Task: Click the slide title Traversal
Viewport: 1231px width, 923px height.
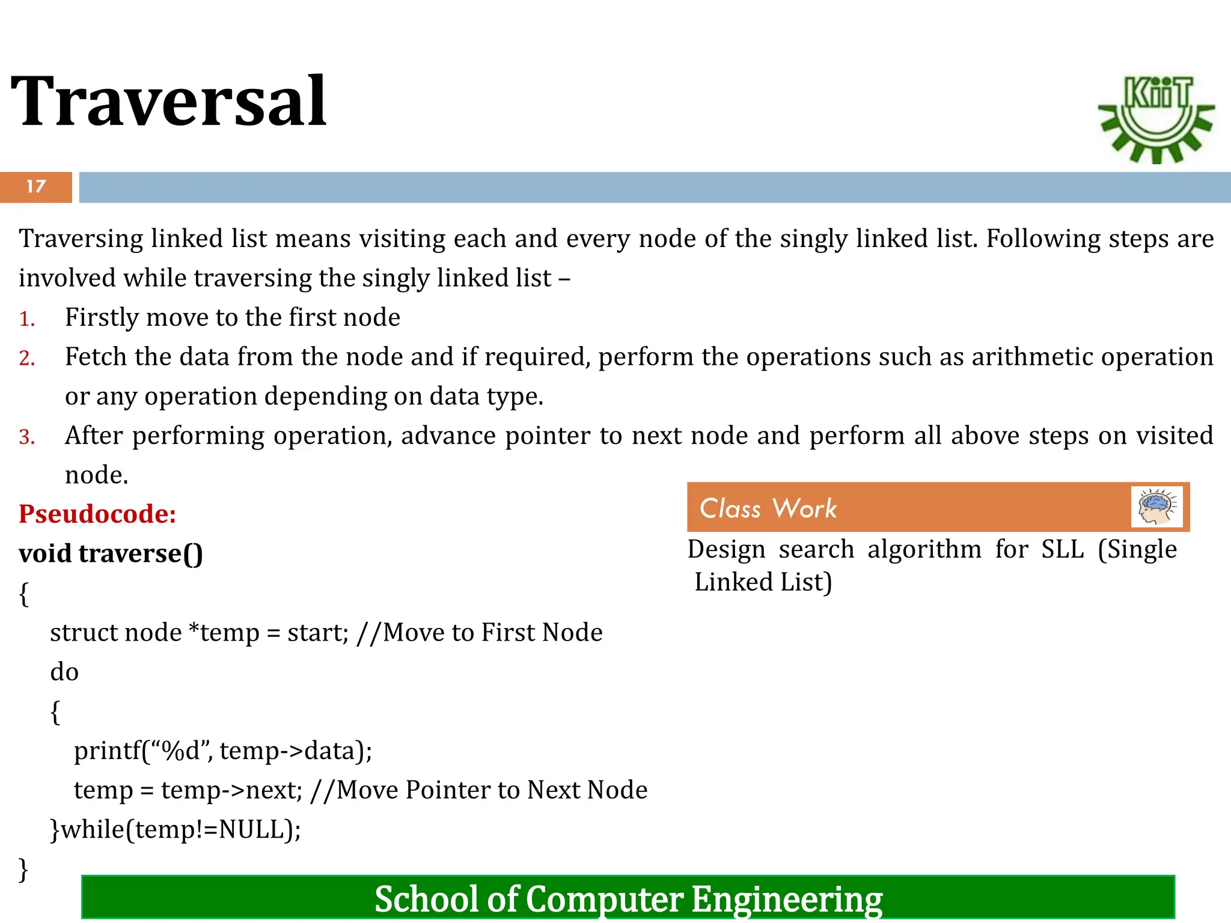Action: coord(169,101)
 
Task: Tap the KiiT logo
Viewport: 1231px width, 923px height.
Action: coord(1156,119)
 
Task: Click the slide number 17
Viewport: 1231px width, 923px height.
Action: coord(36,187)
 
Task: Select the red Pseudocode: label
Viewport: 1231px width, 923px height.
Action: coord(97,514)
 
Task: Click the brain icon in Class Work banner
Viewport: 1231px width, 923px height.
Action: coord(1156,507)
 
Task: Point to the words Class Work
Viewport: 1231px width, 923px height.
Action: coord(768,508)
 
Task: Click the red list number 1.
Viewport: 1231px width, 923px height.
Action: coord(27,319)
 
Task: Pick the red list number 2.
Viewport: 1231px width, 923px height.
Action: coord(27,359)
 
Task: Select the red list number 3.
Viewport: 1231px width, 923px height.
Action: coord(27,437)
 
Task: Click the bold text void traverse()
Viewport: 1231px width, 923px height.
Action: coord(111,553)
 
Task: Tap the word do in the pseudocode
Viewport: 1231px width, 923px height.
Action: coord(64,672)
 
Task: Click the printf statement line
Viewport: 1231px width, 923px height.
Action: coord(223,751)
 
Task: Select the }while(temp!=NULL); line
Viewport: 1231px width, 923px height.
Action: coord(176,830)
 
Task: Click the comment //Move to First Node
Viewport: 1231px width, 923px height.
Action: coord(479,633)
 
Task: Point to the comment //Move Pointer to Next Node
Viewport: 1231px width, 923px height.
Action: coord(479,790)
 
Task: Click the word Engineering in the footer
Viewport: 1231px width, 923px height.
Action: coord(787,900)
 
